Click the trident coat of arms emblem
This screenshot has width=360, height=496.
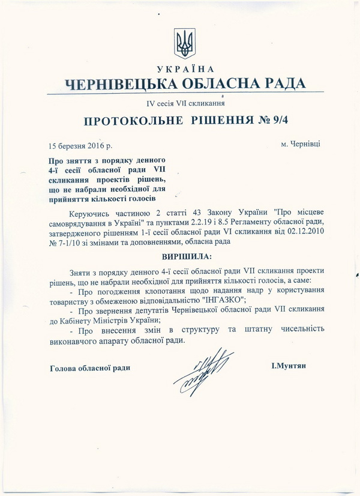(x=184, y=43)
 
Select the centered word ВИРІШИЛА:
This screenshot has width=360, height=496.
(x=187, y=257)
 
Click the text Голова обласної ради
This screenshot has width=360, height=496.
(x=90, y=367)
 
